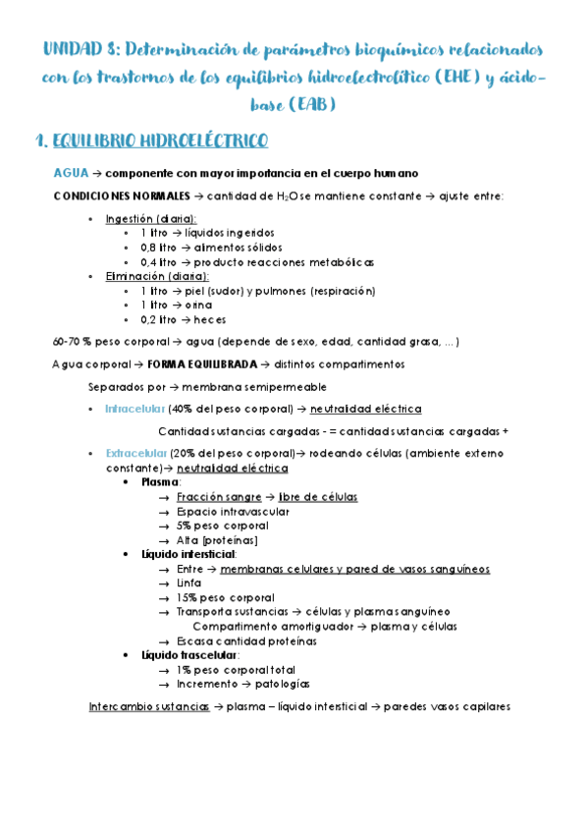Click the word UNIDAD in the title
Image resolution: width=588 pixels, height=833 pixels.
click(70, 49)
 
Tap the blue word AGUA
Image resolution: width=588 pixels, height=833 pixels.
click(72, 172)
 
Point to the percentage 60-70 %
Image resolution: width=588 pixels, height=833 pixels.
click(72, 342)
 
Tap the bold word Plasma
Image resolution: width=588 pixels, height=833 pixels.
click(160, 482)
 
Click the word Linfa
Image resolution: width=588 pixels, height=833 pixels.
click(190, 583)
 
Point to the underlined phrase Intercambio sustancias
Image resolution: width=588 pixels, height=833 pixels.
click(148, 706)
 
